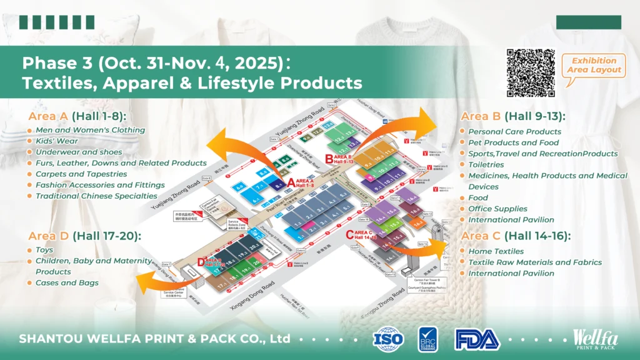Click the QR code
(531, 72)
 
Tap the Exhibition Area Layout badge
(594, 66)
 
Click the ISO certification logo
(389, 338)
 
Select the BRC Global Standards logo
(428, 338)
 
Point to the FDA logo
(477, 338)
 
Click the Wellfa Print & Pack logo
(597, 338)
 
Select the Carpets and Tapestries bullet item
(81, 174)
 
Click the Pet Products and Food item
(514, 143)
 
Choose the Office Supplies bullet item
(497, 209)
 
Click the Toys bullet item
(44, 250)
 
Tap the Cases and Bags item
(67, 283)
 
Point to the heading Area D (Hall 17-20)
(84, 236)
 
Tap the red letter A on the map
(290, 182)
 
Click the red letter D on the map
(201, 262)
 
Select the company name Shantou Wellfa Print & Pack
(154, 338)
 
